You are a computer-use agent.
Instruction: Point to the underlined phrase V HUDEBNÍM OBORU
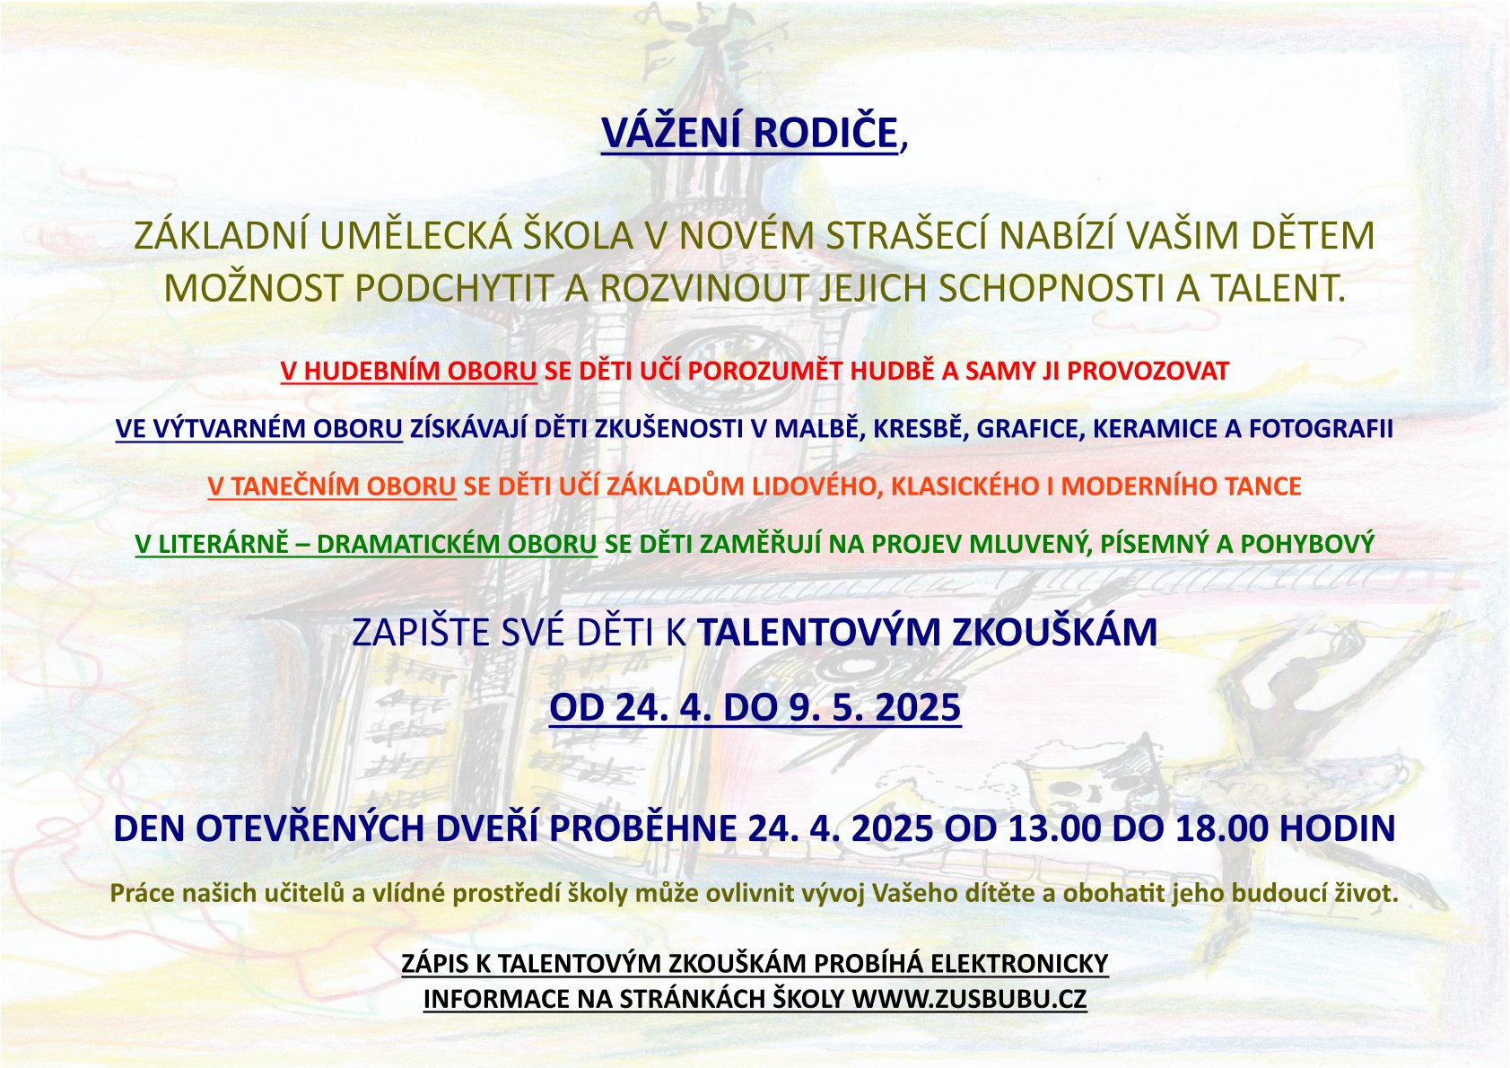[x=408, y=371]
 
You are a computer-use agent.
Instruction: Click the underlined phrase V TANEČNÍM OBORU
[x=332, y=486]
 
